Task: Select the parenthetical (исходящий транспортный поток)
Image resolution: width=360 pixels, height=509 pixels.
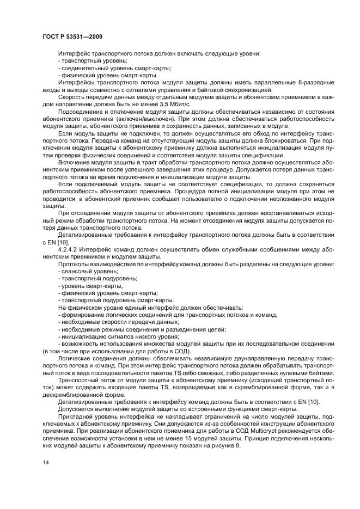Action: (278, 380)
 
